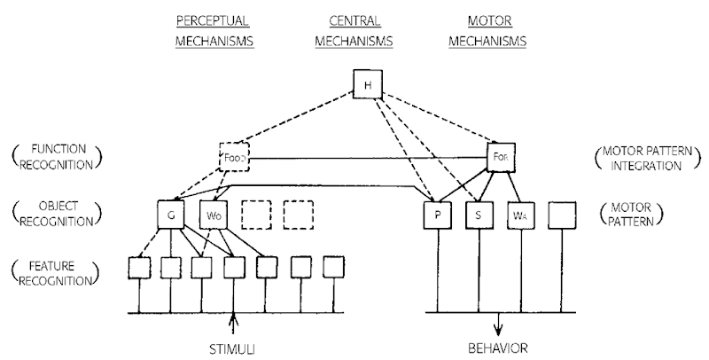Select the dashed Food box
coord(233,157)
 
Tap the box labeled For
coord(501,158)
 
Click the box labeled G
coord(171,214)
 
